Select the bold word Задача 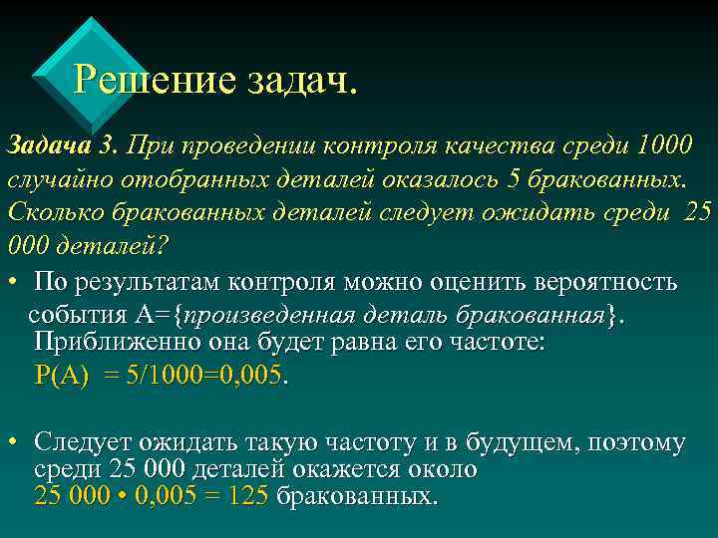pos(48,146)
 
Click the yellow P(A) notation pos(62,376)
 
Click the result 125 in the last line pos(247,495)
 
